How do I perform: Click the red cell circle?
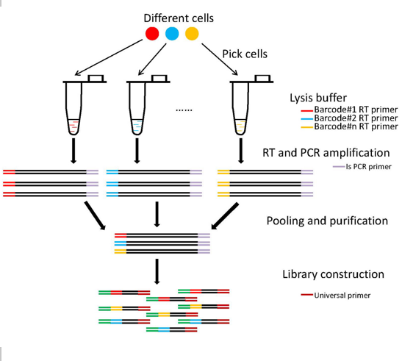(x=152, y=34)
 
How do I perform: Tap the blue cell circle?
(x=172, y=34)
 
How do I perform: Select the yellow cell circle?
(x=192, y=34)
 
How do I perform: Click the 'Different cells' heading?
(x=179, y=18)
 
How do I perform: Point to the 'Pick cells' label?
(x=245, y=54)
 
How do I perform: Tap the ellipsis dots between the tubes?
(x=184, y=110)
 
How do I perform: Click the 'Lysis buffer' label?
(x=318, y=98)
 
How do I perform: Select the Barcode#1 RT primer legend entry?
(x=349, y=110)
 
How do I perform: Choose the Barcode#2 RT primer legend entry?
(x=349, y=118)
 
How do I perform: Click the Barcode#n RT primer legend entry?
(x=349, y=126)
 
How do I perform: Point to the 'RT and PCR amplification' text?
(x=326, y=153)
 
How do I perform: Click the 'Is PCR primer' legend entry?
(x=362, y=167)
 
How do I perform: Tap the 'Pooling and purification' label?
(x=327, y=221)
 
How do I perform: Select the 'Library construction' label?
(x=334, y=274)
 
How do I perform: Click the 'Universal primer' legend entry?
(x=336, y=296)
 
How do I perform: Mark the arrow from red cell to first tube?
(x=109, y=57)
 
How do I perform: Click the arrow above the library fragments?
(x=157, y=271)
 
